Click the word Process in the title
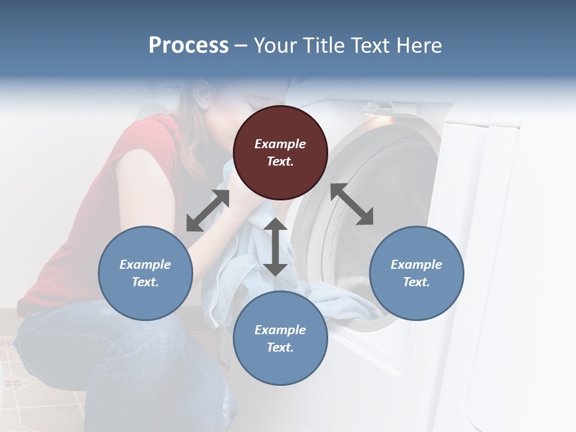click(x=188, y=46)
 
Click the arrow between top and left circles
click(x=208, y=211)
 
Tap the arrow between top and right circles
click(x=352, y=204)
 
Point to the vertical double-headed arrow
click(x=275, y=247)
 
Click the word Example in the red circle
click(x=280, y=144)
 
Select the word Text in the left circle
click(x=145, y=282)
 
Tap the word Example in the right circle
click(x=416, y=265)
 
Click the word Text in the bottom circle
click(x=280, y=347)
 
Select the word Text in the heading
click(x=368, y=46)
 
